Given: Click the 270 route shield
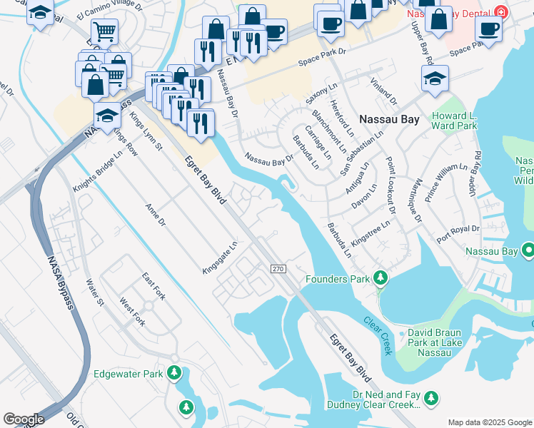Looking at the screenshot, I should click(278, 268).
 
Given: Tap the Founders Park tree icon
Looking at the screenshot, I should click(381, 277).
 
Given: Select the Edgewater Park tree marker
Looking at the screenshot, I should click(173, 373).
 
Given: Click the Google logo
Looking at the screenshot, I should click(24, 419).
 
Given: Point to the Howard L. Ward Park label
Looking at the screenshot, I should click(453, 119).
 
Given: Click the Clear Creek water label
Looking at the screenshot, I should click(378, 336).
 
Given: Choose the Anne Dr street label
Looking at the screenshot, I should click(155, 216).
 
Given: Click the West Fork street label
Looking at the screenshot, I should click(133, 312).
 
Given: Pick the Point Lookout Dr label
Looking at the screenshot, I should click(390, 185).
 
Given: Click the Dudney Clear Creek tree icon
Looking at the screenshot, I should click(430, 399).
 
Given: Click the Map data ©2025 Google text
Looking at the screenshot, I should click(490, 422).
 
